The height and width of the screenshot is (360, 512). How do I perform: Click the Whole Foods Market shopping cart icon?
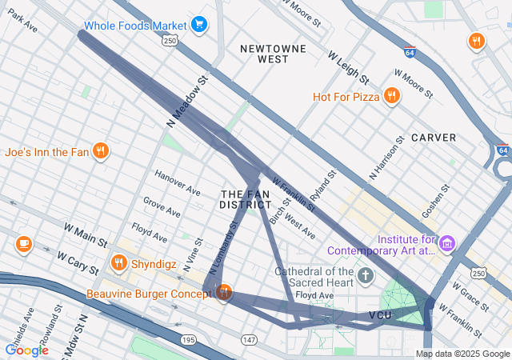(199, 25)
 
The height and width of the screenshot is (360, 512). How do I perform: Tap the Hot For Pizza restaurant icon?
(391, 97)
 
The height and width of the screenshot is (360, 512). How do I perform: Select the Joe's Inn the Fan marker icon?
(100, 150)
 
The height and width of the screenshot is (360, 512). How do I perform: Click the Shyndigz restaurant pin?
(119, 262)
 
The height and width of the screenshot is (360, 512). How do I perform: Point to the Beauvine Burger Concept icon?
(223, 293)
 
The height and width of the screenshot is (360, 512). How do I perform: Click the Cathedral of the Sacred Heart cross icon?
(366, 277)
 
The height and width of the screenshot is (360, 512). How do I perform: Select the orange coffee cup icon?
(23, 243)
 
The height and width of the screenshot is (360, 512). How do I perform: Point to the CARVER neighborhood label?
(434, 138)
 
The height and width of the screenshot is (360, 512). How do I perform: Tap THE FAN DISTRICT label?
(245, 199)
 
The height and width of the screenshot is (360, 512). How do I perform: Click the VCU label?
(380, 316)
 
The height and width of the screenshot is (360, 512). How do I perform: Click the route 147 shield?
(250, 340)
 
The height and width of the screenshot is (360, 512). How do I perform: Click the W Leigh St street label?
(348, 68)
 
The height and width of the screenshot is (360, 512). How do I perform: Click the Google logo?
(27, 350)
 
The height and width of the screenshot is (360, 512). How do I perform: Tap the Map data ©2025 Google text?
(462, 354)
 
